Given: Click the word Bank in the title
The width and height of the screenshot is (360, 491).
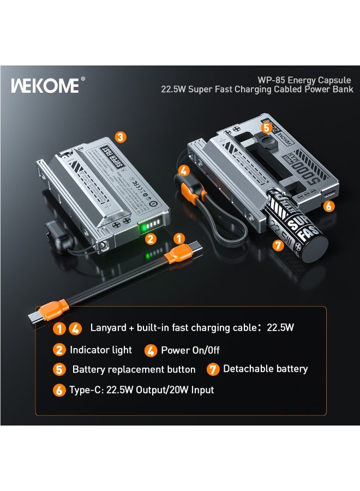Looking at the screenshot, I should pos(342,89).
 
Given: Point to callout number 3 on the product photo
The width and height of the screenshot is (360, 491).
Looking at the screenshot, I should pos(121,136).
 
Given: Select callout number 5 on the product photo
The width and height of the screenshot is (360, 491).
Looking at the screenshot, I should pos(266,128).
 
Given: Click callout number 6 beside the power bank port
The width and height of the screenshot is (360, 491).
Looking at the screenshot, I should pos(328,206).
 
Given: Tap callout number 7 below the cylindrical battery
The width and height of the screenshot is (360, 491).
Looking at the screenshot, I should pos(278,245).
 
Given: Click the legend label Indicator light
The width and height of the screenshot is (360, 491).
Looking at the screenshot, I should pos(101,350).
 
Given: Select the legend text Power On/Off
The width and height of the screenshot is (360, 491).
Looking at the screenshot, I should pos(190,350).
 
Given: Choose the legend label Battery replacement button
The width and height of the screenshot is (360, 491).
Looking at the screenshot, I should pos(134,369).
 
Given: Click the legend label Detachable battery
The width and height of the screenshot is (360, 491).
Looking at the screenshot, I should pos(265,369).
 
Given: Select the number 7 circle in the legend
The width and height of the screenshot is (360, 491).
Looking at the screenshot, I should pos(213,369).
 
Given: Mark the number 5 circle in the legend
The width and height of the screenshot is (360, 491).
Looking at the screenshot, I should pos(59,370).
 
